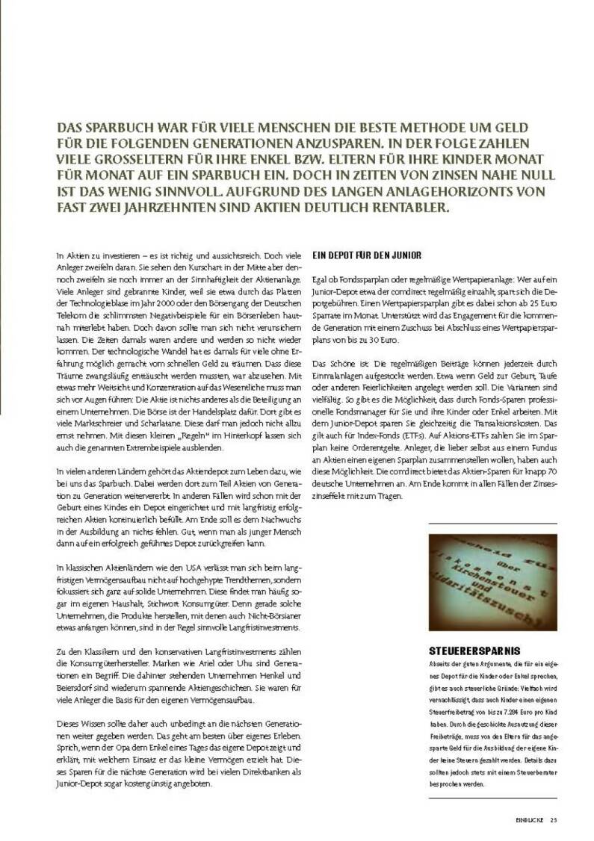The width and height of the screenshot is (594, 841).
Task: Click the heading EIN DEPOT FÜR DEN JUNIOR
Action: pyautogui.click(x=366, y=255)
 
